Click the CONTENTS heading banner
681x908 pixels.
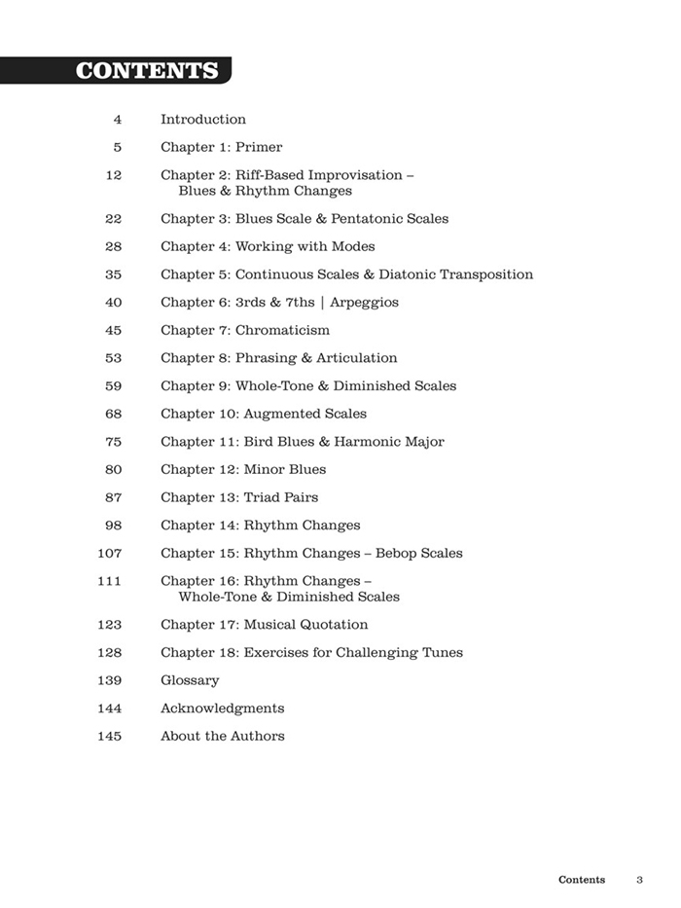[x=146, y=71]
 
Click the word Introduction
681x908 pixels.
[x=203, y=120]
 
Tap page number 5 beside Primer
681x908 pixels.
[x=118, y=148]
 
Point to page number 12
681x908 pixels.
[x=113, y=175]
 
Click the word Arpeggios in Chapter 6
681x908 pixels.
[x=365, y=303]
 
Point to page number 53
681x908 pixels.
[x=113, y=358]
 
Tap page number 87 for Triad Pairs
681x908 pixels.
[x=113, y=498]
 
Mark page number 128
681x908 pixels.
[x=110, y=653]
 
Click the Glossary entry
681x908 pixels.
[x=190, y=681]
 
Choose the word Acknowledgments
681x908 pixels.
[x=223, y=708]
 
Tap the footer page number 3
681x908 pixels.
[x=640, y=880]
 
